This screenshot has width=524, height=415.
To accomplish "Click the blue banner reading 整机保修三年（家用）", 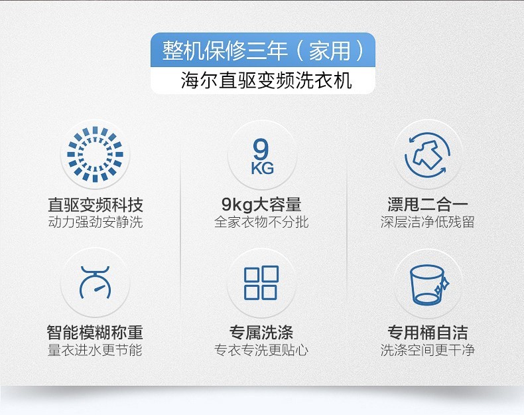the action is click(x=263, y=50).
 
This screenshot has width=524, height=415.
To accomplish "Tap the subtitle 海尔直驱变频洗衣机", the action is click(x=267, y=80).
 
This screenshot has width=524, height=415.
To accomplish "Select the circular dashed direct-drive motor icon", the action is click(x=96, y=154).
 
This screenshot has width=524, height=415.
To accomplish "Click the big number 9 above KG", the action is click(x=261, y=149).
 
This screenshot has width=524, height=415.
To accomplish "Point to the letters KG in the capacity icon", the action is click(x=263, y=168).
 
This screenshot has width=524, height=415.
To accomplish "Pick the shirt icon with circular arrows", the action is click(x=427, y=155).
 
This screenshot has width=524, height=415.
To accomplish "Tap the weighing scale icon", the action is click(x=96, y=283).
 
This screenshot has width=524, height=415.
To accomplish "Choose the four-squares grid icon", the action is click(x=261, y=283).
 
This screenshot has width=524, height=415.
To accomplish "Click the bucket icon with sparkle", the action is click(x=428, y=285).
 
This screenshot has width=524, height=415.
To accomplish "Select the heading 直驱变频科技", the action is click(x=96, y=205).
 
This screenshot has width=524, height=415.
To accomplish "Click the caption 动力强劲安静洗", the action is click(x=96, y=222).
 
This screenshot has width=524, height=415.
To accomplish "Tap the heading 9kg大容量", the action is click(x=261, y=205).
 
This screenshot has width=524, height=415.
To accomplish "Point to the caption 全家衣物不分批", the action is click(x=261, y=222).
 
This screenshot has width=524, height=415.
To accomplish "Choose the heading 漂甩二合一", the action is click(x=428, y=205).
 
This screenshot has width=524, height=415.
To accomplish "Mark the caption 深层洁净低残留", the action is click(x=428, y=222).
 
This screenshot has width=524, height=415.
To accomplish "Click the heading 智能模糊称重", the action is click(x=96, y=333).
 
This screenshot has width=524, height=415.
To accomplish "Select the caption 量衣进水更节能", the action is click(x=96, y=350).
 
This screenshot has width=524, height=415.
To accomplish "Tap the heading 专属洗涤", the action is click(x=261, y=333).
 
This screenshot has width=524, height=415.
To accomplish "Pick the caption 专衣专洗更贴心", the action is click(x=261, y=350).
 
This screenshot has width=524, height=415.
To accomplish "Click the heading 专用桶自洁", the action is click(x=428, y=333).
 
